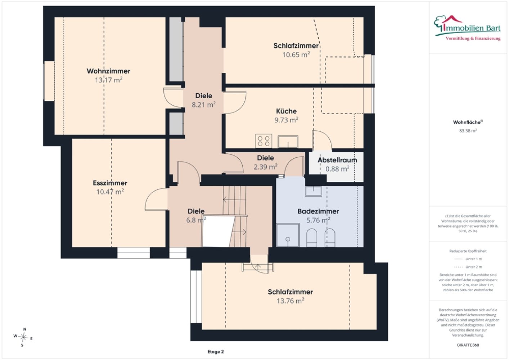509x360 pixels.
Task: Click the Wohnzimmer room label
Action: [x=108, y=71]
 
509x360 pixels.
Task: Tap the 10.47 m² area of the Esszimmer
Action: [x=110, y=192]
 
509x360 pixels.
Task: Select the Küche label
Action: [x=286, y=111]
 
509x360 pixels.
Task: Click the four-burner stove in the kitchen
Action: [x=263, y=141]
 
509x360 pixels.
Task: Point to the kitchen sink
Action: [x=288, y=141]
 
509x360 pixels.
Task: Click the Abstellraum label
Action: [x=337, y=160]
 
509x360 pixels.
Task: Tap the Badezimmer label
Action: [x=318, y=211]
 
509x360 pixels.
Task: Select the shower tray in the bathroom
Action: [x=288, y=235]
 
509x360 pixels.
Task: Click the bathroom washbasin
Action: [x=313, y=191]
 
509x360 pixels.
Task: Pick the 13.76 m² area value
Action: [x=290, y=301]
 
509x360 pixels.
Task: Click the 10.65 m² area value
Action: [x=296, y=55]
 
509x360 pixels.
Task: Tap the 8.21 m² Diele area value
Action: [x=204, y=105]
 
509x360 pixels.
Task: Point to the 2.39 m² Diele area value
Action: [x=265, y=167]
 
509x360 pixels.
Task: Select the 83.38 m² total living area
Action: [x=468, y=131]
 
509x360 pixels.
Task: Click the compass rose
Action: [x=23, y=337]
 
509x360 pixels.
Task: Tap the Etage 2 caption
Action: [x=215, y=352]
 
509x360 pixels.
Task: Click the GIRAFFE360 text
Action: [x=468, y=345]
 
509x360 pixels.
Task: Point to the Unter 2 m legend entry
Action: [x=468, y=267]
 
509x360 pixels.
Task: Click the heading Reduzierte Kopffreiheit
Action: [x=468, y=251]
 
